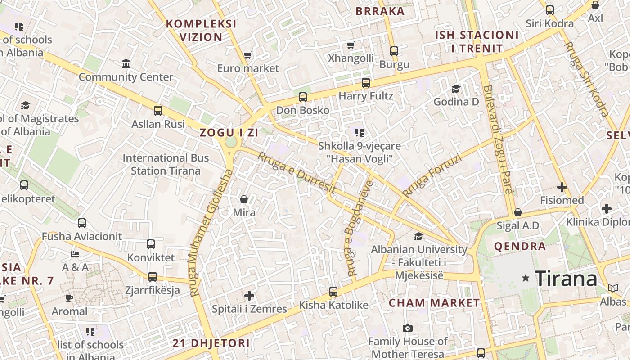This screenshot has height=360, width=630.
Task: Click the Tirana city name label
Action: (x=566, y=279)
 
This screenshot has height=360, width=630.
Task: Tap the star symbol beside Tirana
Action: (x=525, y=279)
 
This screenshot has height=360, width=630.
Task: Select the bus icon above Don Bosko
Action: (x=303, y=97)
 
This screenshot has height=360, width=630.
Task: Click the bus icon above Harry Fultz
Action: (x=366, y=83)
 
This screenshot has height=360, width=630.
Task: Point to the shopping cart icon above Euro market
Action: (x=247, y=55)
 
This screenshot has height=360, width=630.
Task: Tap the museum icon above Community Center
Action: (x=126, y=63)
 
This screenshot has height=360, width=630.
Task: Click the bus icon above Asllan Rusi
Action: (x=158, y=111)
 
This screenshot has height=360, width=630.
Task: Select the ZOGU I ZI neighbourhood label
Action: (x=229, y=133)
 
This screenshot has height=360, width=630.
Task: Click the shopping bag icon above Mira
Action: (x=244, y=199)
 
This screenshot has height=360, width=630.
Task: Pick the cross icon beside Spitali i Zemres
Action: (x=249, y=296)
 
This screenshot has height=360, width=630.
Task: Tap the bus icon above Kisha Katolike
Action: (x=333, y=292)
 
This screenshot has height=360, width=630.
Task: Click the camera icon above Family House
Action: (x=408, y=328)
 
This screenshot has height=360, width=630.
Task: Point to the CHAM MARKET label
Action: (x=434, y=303)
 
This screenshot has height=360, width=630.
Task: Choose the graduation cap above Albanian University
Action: (x=419, y=236)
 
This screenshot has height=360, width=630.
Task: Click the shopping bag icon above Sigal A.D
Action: (x=517, y=212)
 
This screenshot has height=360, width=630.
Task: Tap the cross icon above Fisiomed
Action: (x=562, y=187)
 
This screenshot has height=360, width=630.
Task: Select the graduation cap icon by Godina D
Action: (x=456, y=89)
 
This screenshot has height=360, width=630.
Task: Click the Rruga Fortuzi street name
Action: (x=432, y=176)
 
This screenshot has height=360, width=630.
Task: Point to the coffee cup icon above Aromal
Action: (x=69, y=298)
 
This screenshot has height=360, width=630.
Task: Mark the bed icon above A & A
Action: (x=75, y=254)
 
